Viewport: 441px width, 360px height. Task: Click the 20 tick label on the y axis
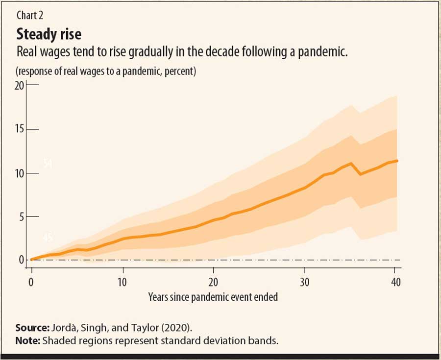coord(19,85)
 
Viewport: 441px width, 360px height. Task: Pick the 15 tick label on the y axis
coord(19,129)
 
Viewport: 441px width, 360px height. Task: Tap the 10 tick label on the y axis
coord(19,173)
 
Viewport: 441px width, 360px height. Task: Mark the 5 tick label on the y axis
coord(22,216)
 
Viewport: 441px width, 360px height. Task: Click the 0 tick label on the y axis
coord(22,260)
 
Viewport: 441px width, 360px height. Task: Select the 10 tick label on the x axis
coord(122,282)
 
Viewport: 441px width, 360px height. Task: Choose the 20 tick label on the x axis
coord(214,282)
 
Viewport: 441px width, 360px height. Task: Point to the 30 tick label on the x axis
coord(305,282)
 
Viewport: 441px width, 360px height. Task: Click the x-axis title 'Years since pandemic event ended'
coord(213,296)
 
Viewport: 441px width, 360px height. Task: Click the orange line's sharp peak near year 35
coord(350,163)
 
